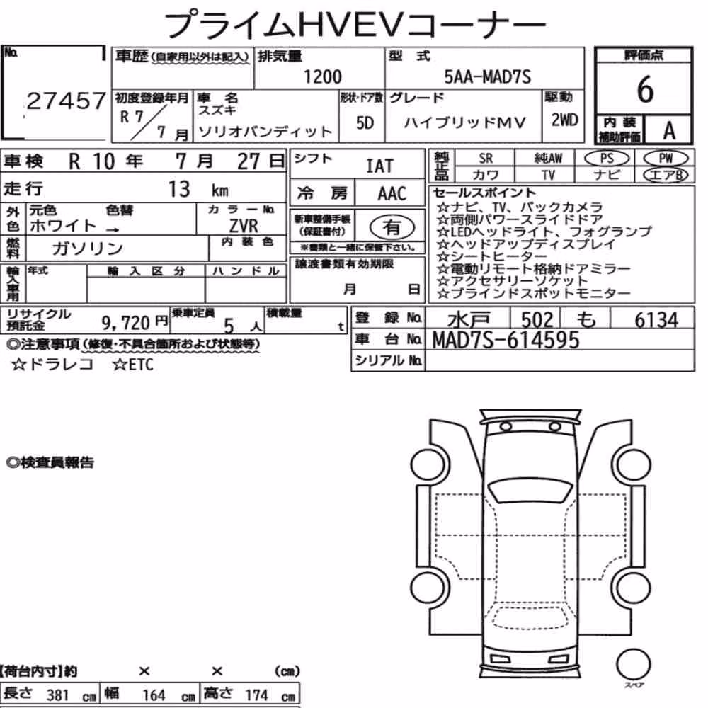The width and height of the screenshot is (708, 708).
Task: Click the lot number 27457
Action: tap(67, 101)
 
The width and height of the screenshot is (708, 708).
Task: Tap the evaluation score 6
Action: tap(645, 89)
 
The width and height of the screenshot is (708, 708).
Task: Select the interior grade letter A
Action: tap(669, 131)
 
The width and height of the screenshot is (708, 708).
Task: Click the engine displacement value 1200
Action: tap(322, 76)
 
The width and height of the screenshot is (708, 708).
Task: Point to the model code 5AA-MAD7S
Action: tap(488, 76)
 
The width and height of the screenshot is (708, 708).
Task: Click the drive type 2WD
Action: tap(564, 120)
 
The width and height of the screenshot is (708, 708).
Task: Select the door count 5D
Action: tap(365, 122)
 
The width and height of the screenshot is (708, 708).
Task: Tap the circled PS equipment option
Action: tap(607, 159)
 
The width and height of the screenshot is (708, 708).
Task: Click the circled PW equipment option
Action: tap(666, 159)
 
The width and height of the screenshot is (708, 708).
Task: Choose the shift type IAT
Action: tap(379, 166)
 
